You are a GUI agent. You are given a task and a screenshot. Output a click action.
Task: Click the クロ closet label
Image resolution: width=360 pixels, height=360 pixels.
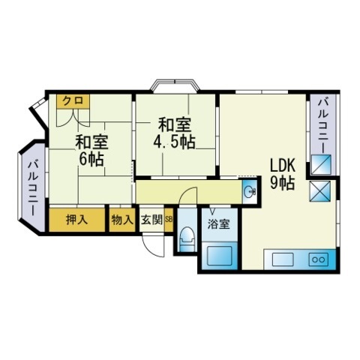click(72, 100)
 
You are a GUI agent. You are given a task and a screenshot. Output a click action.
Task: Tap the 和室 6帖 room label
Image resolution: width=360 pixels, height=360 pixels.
click(91, 151)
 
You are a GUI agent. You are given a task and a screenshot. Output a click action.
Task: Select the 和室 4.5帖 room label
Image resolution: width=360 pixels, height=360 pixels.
click(174, 133)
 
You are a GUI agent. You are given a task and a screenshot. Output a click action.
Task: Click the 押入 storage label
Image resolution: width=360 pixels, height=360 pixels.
click(76, 220)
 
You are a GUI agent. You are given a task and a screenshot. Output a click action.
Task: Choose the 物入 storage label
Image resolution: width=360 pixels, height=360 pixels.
click(121, 220)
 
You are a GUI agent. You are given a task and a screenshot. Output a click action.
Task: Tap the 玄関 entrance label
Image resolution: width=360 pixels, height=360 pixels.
click(152, 220)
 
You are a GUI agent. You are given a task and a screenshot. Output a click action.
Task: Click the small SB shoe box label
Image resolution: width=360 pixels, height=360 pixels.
click(169, 220)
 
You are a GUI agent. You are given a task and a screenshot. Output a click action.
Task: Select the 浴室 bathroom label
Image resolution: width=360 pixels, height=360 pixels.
click(219, 224)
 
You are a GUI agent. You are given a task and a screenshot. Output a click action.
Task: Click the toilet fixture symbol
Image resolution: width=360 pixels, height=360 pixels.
click(187, 239)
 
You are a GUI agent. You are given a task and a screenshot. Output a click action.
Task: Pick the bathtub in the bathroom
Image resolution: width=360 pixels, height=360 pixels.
click(220, 256)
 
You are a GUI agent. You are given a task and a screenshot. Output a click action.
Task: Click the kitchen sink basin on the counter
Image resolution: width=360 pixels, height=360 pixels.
click(283, 259)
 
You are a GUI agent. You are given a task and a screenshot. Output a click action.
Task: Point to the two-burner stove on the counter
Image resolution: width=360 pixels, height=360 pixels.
click(319, 259)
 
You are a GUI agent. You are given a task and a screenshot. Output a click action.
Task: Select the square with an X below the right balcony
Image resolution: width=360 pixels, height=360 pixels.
click(320, 191)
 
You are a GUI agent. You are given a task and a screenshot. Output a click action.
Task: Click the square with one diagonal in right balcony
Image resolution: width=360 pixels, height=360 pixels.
click(321, 165)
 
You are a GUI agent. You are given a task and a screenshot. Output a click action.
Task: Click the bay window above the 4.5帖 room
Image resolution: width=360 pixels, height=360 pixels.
click(175, 85)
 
